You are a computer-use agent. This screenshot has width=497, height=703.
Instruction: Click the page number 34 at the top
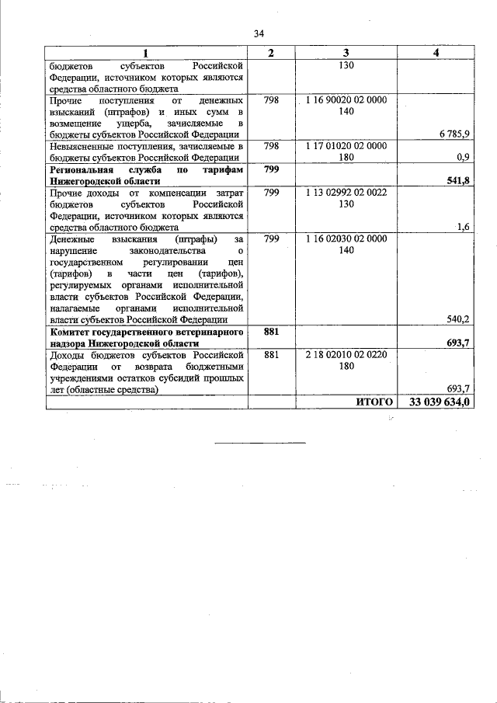(x=259, y=33)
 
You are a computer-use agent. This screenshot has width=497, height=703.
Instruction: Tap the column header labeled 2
(x=270, y=52)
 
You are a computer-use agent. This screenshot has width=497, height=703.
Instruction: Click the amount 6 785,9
(x=453, y=134)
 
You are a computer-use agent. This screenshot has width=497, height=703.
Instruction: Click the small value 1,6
(x=464, y=226)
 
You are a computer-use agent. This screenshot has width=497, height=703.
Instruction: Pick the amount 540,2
(x=457, y=318)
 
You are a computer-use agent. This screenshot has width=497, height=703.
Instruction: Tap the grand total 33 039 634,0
(x=438, y=402)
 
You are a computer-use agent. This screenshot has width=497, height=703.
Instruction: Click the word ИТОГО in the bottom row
(x=373, y=402)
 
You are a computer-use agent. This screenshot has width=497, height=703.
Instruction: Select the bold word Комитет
(x=72, y=332)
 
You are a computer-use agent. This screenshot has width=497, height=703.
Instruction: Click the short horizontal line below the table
(x=259, y=443)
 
